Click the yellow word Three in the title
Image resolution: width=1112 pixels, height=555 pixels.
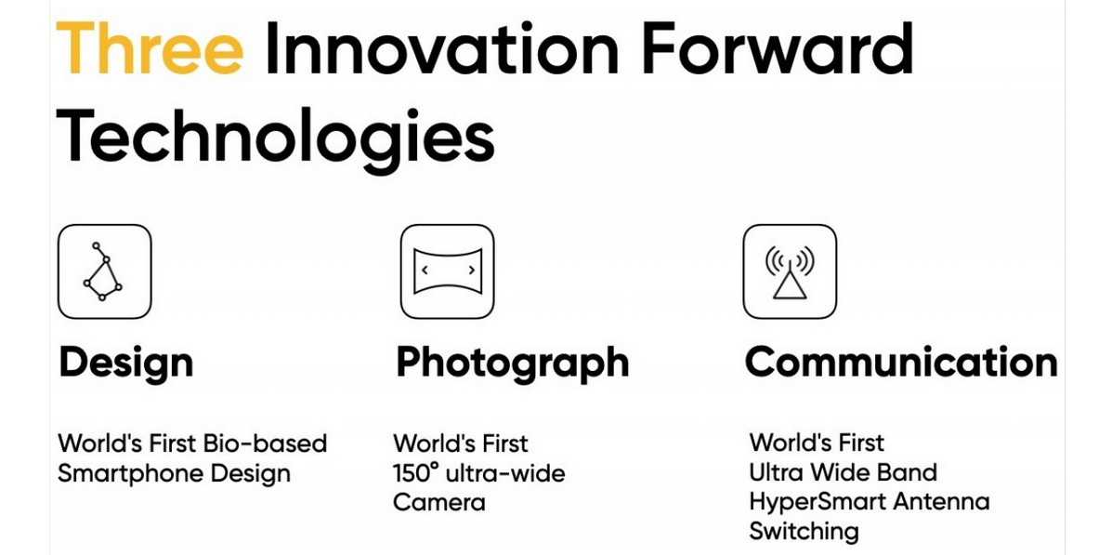(x=150, y=47)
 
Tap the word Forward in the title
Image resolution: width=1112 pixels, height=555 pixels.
(x=778, y=47)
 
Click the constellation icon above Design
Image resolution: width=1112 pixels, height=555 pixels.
(x=104, y=271)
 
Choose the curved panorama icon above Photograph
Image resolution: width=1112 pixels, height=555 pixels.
(x=448, y=271)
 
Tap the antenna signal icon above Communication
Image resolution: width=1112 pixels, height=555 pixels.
(x=790, y=271)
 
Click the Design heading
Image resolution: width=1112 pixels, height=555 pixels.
(x=125, y=363)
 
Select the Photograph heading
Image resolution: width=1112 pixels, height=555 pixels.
(x=512, y=363)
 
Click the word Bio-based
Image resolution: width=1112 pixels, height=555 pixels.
(x=265, y=443)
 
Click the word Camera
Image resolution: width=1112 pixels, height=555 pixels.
(x=439, y=503)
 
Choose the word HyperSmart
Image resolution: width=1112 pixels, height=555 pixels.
(x=819, y=502)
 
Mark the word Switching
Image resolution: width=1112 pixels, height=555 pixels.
(x=804, y=532)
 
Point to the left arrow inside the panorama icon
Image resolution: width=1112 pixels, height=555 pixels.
(x=425, y=271)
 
